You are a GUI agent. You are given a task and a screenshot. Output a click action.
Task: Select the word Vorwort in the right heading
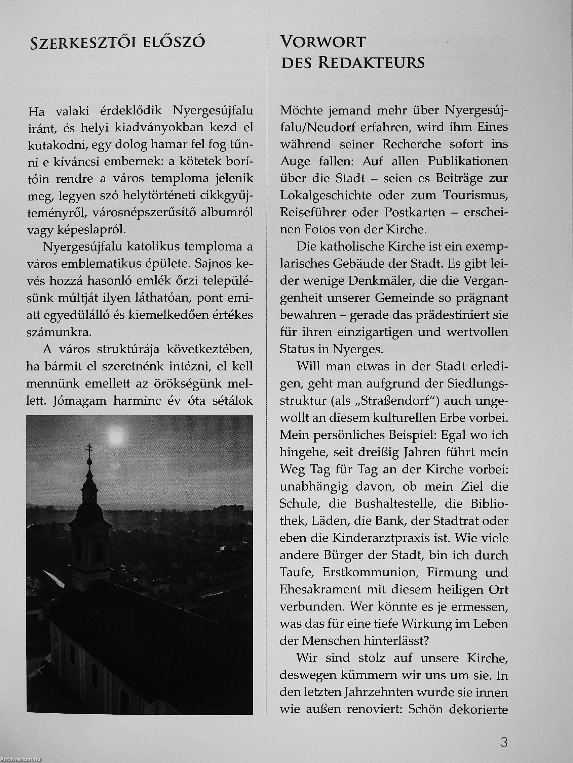pyautogui.click(x=322, y=42)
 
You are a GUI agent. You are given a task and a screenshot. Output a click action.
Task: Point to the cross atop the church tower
pyautogui.click(x=89, y=451)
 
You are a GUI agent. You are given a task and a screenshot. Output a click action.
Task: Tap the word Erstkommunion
pyautogui.click(x=367, y=572)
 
